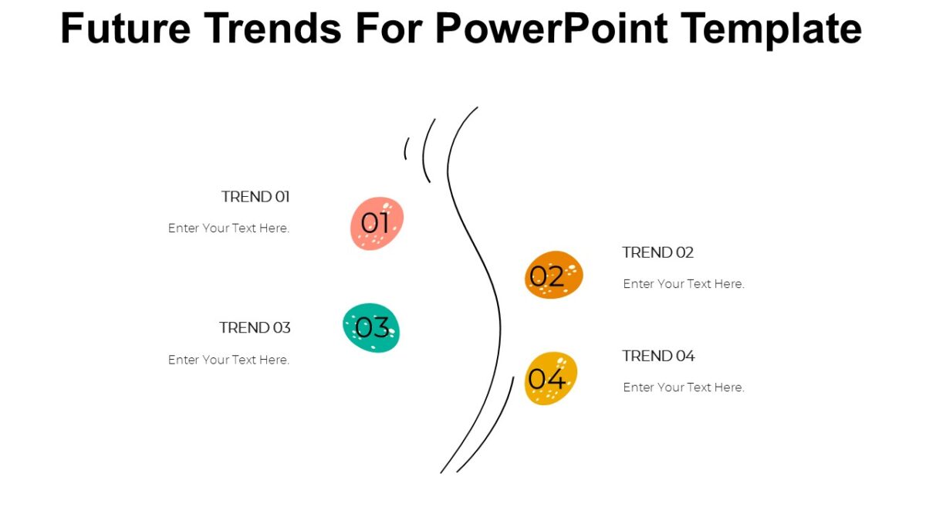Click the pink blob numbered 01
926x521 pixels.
pyautogui.click(x=377, y=223)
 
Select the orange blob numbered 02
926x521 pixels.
pyautogui.click(x=553, y=275)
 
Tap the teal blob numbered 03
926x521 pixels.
pyautogui.click(x=371, y=328)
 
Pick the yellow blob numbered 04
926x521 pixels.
pyautogui.click(x=550, y=378)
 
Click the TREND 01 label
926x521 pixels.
pyautogui.click(x=255, y=197)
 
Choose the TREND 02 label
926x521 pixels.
pyautogui.click(x=657, y=252)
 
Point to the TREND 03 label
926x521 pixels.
pyautogui.click(x=255, y=327)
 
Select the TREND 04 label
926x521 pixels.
pyautogui.click(x=658, y=356)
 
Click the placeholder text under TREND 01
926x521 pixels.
pyautogui.click(x=228, y=228)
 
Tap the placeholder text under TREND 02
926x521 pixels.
pyautogui.click(x=684, y=284)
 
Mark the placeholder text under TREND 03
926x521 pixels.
pyautogui.click(x=228, y=360)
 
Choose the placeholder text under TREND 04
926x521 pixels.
pyautogui.click(x=684, y=387)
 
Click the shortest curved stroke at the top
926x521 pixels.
pyautogui.click(x=405, y=148)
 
